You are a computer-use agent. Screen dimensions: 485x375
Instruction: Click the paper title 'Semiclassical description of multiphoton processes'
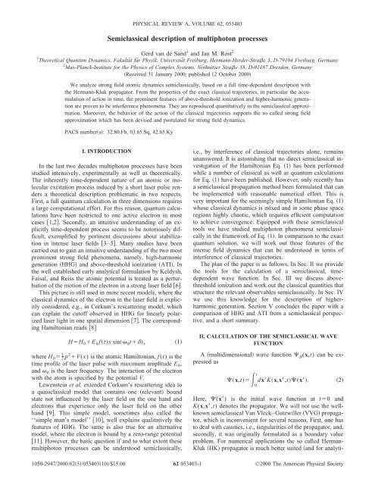click(x=187, y=23)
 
